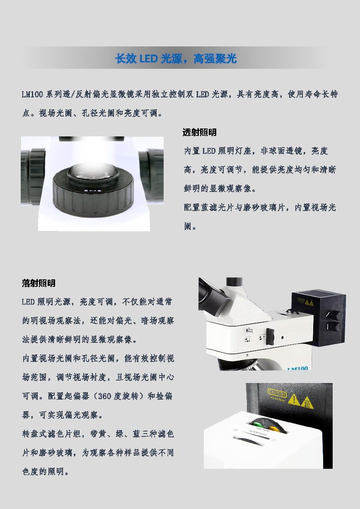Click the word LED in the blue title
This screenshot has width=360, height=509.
[148, 59]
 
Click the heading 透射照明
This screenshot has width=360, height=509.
[200, 132]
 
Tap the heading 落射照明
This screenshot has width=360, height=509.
[39, 283]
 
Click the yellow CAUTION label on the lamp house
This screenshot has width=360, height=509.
[277, 393]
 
